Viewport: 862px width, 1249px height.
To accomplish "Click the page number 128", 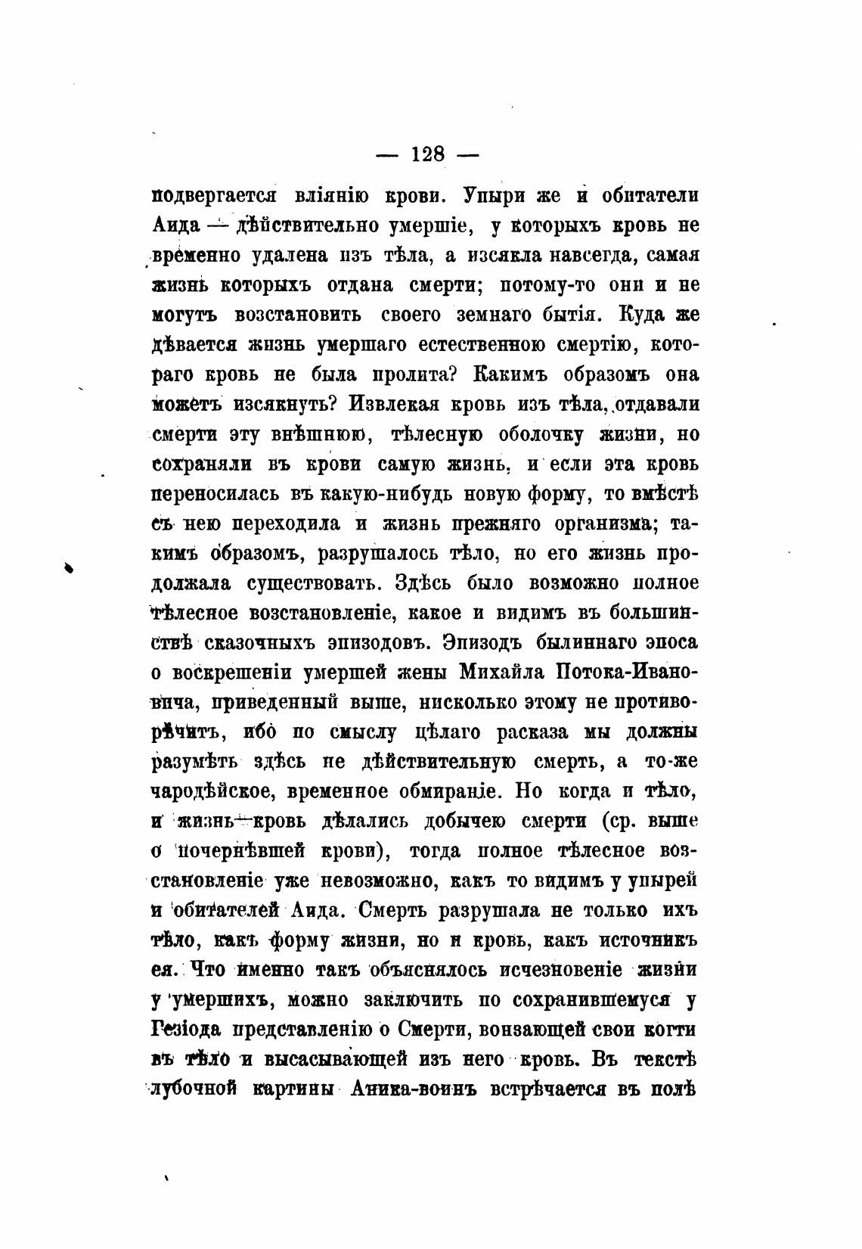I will click(428, 155).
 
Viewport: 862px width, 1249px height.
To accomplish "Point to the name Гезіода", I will click(185, 1030).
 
